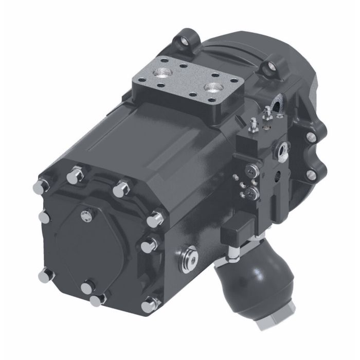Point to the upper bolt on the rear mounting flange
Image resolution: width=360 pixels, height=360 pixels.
point(310,137)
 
